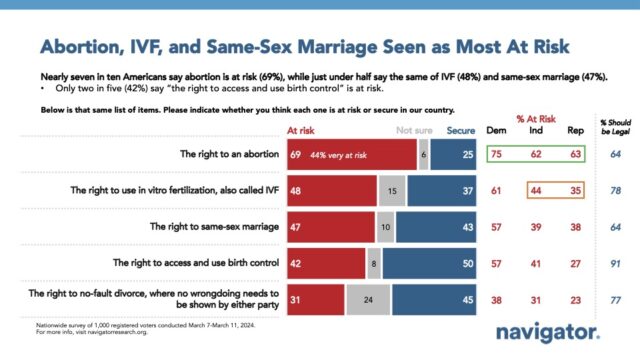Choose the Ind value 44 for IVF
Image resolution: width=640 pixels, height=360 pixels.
pyautogui.click(x=537, y=191)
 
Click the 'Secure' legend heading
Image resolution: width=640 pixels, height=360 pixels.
pyautogui.click(x=460, y=130)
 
